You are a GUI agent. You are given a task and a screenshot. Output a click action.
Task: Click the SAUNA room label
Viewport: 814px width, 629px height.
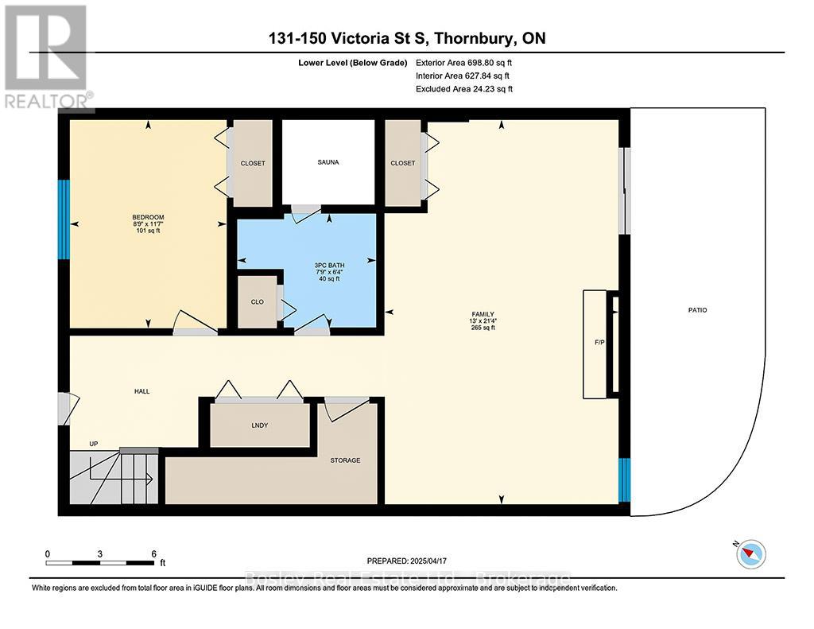[x=328, y=162]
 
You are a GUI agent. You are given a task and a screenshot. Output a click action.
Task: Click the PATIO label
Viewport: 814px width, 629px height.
[x=698, y=310]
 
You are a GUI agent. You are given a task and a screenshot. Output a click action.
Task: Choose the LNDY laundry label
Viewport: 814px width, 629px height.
[x=259, y=425]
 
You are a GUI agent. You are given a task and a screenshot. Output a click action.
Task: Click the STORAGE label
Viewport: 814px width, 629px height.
[x=345, y=460]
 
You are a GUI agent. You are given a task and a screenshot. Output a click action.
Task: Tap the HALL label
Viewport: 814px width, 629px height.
[x=141, y=391]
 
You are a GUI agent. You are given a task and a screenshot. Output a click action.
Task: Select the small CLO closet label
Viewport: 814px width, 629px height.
[x=256, y=302]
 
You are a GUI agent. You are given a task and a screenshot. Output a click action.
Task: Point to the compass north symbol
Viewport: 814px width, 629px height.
[x=750, y=553]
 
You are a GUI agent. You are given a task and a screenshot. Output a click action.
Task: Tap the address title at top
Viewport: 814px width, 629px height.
[x=406, y=39]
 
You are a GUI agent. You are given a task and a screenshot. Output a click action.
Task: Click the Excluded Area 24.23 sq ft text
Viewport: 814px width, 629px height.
[x=464, y=89]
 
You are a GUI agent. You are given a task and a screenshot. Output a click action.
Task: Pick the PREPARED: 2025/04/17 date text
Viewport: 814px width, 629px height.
[x=412, y=561]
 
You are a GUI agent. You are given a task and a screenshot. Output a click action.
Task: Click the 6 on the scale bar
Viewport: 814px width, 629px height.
[x=153, y=553]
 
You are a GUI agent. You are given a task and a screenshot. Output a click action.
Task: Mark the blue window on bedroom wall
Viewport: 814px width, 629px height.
[x=64, y=219]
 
